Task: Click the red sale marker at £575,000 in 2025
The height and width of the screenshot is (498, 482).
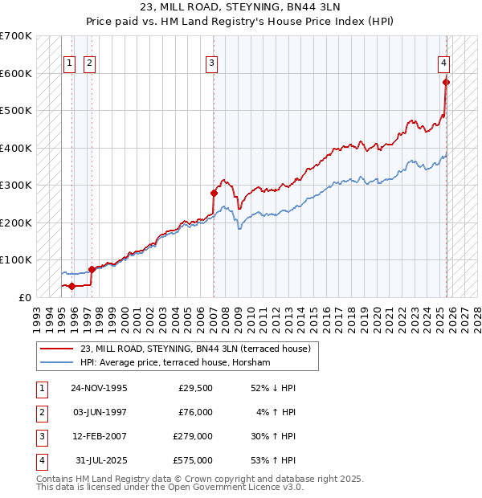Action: point(447,82)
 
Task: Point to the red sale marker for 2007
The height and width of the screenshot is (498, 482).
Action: point(214,193)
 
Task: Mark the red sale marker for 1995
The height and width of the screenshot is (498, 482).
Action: point(72,286)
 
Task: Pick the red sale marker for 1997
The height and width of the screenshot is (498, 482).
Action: point(92,269)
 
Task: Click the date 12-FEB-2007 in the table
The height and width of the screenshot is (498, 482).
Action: point(99,438)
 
